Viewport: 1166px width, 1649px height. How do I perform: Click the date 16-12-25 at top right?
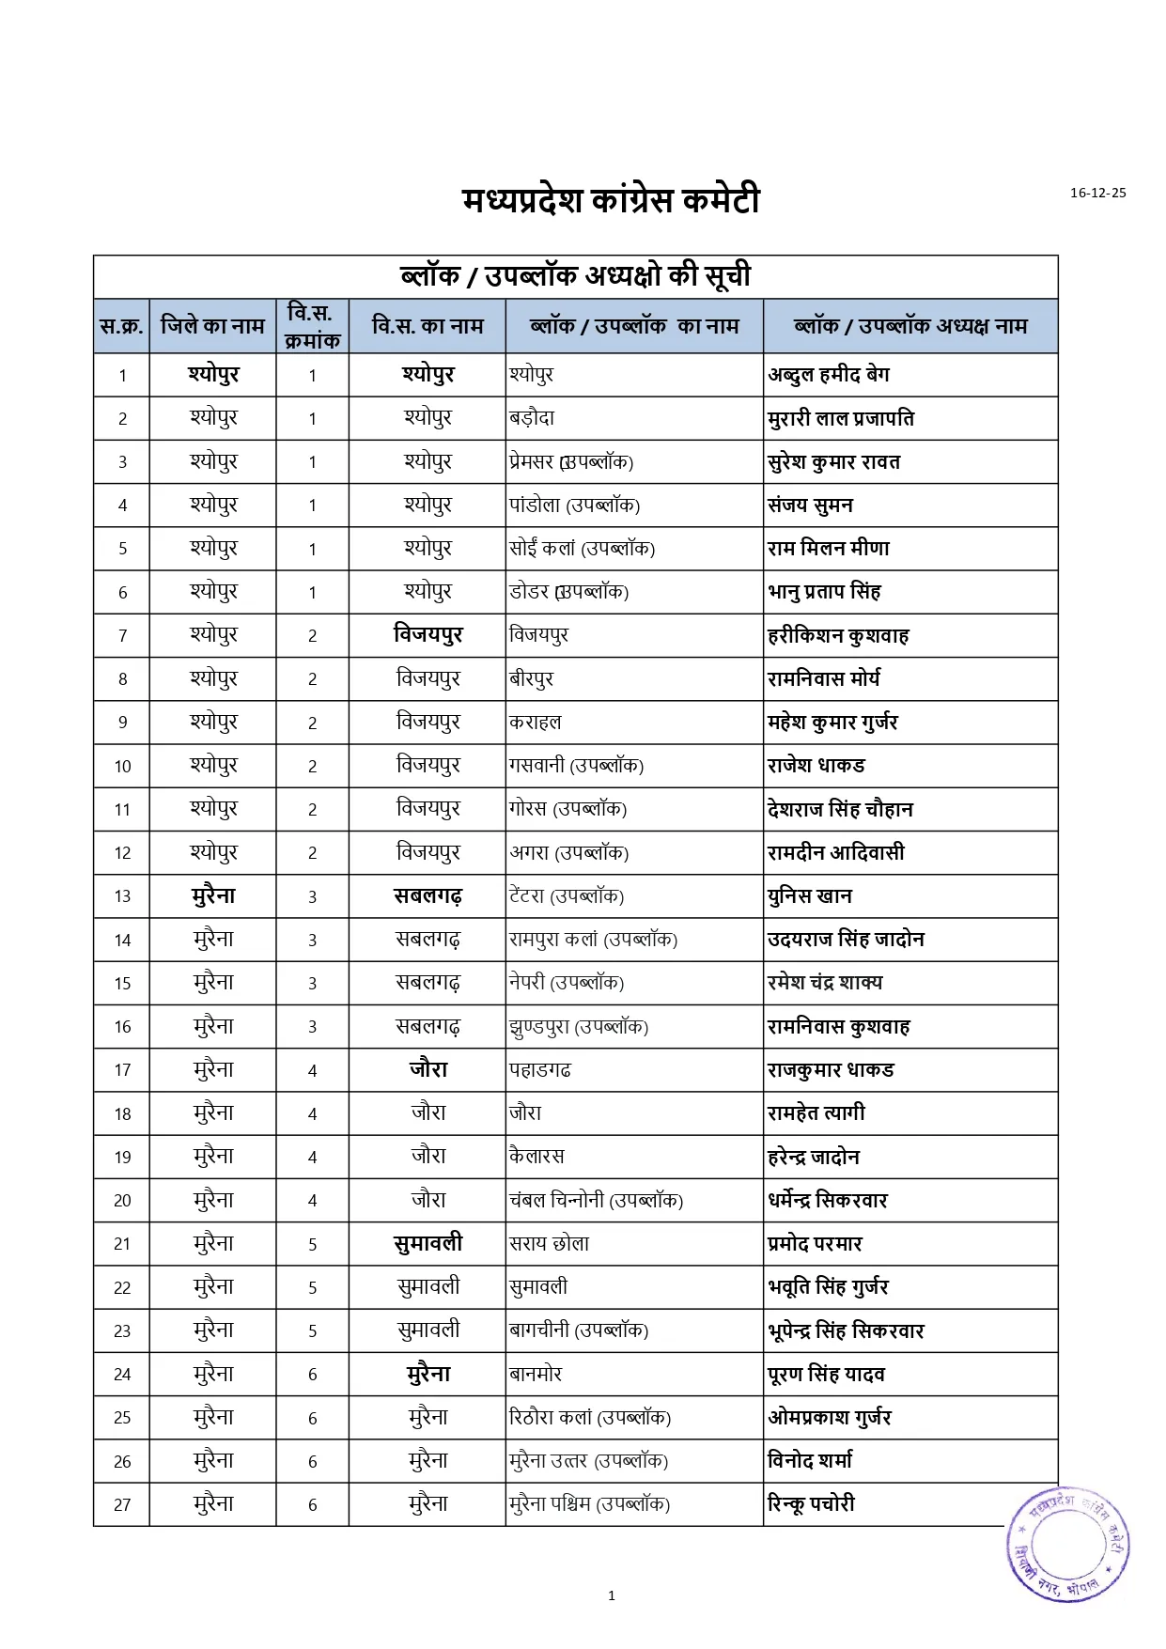[x=1097, y=193]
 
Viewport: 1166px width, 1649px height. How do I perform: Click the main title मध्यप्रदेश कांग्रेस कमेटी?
[x=611, y=200]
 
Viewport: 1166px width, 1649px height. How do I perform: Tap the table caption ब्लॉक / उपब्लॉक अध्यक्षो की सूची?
[x=575, y=276]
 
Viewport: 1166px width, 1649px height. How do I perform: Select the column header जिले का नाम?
[x=212, y=326]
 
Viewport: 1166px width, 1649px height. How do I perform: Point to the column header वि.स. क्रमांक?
[x=312, y=326]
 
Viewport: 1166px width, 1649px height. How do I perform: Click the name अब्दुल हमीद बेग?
[x=829, y=375]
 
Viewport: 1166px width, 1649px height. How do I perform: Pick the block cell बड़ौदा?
[x=532, y=418]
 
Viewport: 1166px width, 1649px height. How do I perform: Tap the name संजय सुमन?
[x=810, y=506]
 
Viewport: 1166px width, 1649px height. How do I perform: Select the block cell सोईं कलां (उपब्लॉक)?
[x=582, y=549]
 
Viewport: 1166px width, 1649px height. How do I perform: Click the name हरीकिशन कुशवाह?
[x=838, y=636]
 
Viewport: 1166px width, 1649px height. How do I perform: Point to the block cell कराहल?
[x=536, y=723]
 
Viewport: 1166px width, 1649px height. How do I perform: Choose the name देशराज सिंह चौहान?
[x=840, y=809]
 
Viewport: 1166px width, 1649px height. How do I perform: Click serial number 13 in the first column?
[x=122, y=896]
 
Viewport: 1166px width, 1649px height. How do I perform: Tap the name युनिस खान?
[x=810, y=896]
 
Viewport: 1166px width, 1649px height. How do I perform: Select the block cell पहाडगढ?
[x=540, y=1070]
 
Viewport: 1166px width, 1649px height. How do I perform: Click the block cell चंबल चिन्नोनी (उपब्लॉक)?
[x=596, y=1201]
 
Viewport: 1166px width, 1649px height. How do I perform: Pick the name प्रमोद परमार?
[x=815, y=1244]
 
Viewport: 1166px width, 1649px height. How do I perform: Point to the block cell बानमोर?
[x=536, y=1375]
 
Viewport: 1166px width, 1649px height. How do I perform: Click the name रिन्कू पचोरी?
[x=811, y=1504]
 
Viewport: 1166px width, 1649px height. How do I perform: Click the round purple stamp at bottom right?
[x=1068, y=1543]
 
